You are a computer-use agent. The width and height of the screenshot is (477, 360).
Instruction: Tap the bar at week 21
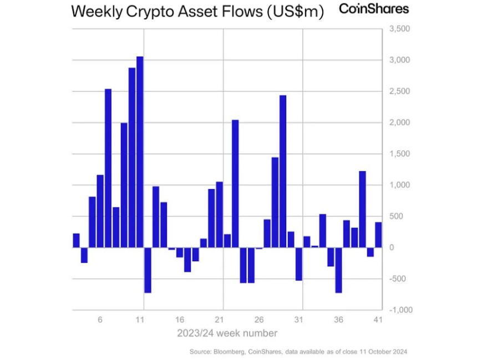pos(219,214)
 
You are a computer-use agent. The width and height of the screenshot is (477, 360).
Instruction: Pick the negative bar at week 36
pos(338,270)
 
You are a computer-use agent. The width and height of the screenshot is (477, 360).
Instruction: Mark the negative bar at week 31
pos(298,263)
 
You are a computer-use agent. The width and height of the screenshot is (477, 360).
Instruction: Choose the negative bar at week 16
pos(180,252)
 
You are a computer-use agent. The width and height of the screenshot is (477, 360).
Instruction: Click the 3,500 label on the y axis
pos(400,28)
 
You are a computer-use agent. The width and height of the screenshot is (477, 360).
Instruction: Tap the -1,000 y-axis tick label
pos(400,310)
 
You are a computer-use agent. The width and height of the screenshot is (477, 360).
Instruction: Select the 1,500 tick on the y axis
pos(400,154)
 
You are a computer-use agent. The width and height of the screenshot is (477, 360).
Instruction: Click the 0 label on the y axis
pos(392,247)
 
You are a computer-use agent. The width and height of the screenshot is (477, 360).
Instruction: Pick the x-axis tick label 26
pos(258,320)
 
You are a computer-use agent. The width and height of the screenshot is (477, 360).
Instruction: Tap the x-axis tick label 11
pos(140,320)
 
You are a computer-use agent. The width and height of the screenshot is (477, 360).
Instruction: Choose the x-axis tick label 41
pos(377,320)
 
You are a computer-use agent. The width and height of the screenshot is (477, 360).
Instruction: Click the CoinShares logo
pos(374,9)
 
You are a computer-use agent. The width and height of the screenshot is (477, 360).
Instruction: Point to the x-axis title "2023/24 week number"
pos(227,333)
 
